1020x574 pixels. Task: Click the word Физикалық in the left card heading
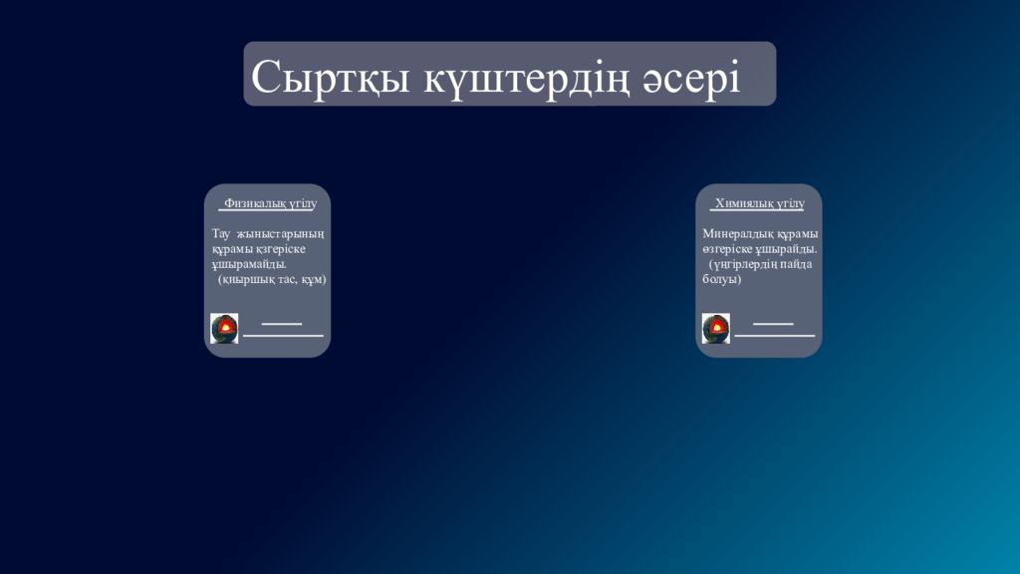(254, 203)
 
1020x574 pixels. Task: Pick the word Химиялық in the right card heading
(743, 203)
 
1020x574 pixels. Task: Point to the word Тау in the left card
(221, 234)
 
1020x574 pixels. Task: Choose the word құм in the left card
(314, 280)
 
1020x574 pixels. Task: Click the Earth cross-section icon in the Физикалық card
(224, 328)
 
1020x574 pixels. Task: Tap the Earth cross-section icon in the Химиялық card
(715, 328)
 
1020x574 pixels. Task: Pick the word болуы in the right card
(721, 279)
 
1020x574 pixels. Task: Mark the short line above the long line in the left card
(281, 324)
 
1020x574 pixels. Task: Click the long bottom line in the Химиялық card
(774, 336)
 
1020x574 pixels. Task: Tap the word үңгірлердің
(746, 264)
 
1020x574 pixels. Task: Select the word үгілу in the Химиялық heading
(787, 203)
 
